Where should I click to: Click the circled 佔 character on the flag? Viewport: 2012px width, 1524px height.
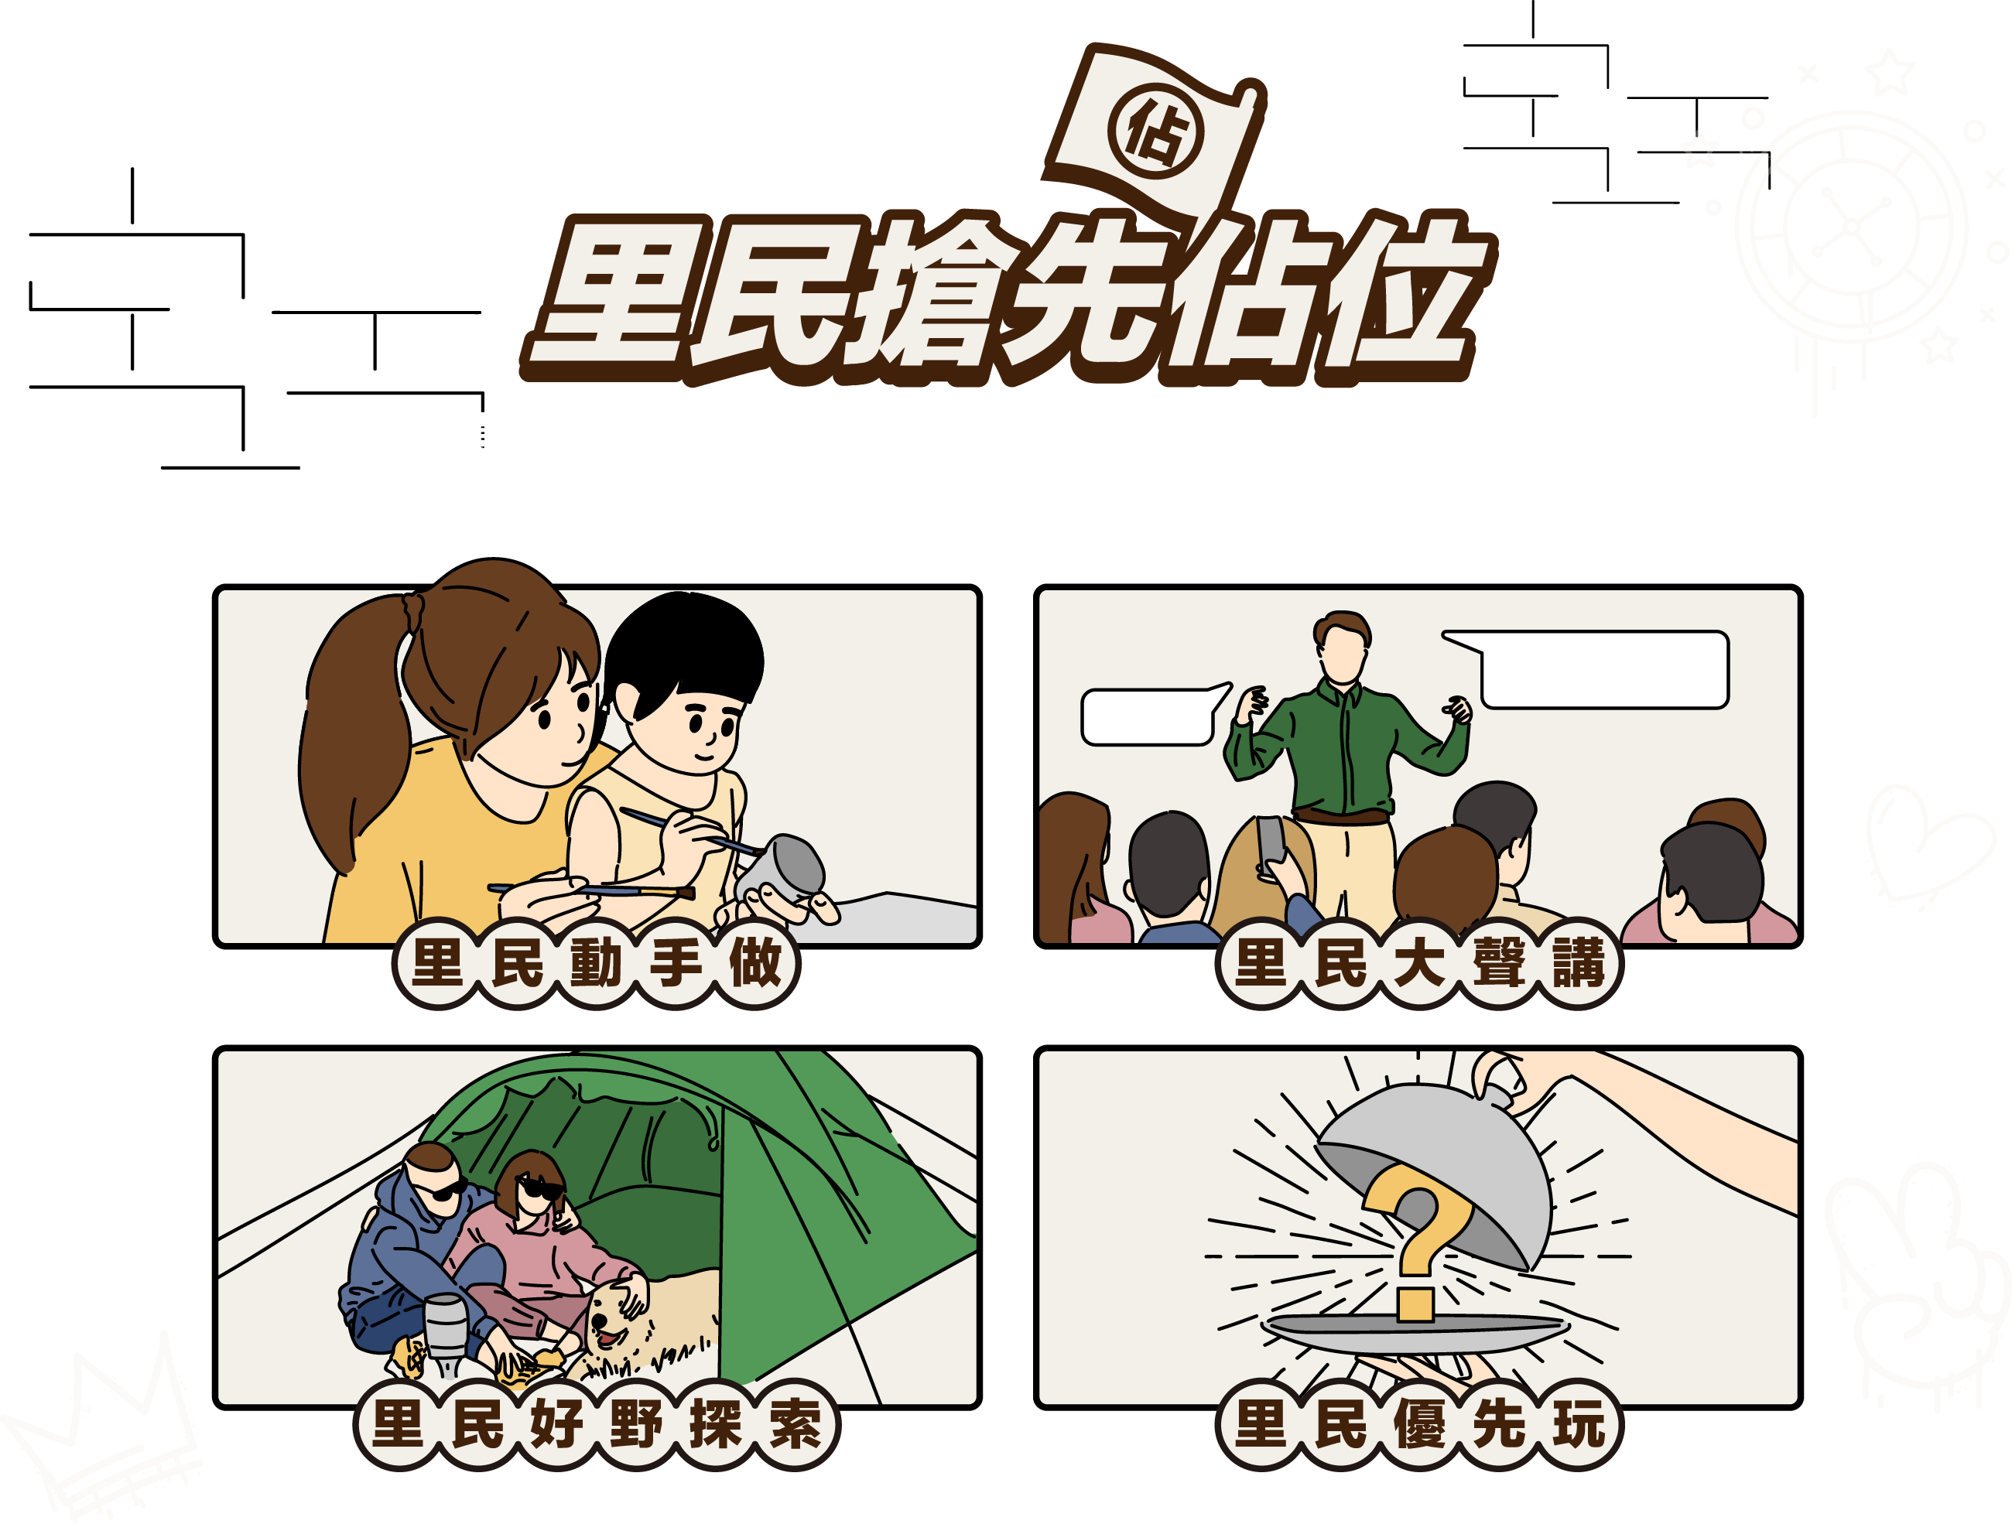tap(1155, 133)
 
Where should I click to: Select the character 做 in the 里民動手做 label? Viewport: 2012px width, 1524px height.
tap(755, 963)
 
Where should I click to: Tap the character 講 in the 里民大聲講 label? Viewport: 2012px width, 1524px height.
tap(1579, 963)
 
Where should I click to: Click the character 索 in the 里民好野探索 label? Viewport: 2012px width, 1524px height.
tap(795, 1425)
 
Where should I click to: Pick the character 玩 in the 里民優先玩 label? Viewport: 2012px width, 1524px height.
tap(1579, 1425)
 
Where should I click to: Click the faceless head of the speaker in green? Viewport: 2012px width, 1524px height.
tap(1343, 647)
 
